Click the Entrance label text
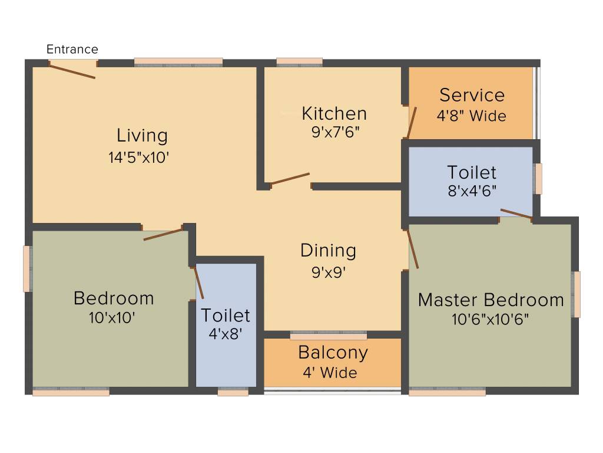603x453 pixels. (72, 50)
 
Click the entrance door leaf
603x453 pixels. (72, 71)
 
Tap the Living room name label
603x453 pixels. (142, 136)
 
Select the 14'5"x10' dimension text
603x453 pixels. (142, 157)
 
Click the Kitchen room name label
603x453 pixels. (334, 113)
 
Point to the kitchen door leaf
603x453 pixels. (290, 179)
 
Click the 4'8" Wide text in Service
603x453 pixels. (471, 116)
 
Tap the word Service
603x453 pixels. (472, 95)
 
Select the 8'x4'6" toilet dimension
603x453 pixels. (472, 191)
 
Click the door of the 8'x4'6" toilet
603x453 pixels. (516, 214)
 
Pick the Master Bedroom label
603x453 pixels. (491, 300)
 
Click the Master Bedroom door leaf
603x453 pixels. (413, 250)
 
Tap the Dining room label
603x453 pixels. (328, 251)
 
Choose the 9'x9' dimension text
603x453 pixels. (328, 273)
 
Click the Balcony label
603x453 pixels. (333, 353)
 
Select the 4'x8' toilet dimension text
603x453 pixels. (226, 334)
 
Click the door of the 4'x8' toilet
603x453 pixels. (198, 283)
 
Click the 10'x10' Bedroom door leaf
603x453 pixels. (163, 234)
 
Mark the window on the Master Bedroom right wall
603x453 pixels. (577, 294)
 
